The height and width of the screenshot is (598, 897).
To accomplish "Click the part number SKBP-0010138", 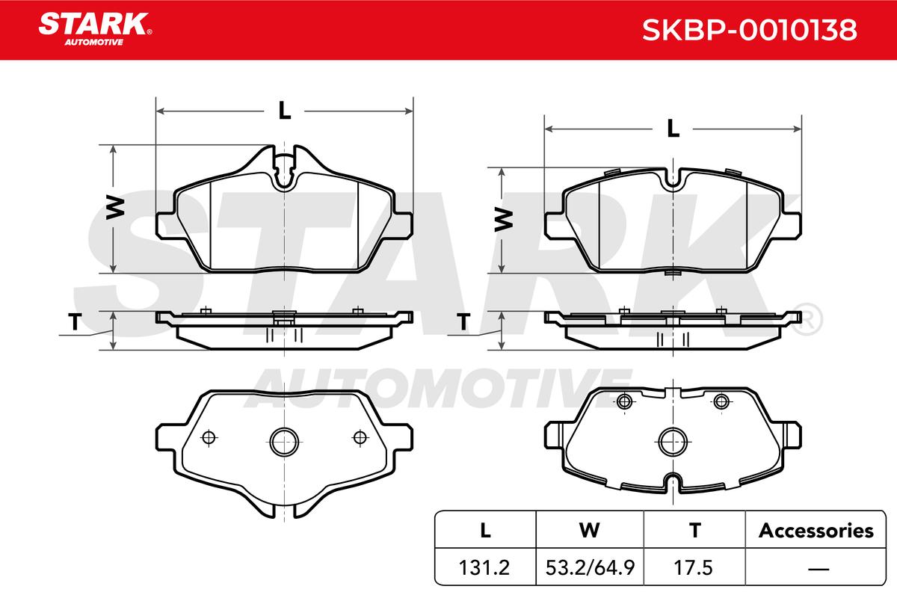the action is pyautogui.click(x=749, y=30).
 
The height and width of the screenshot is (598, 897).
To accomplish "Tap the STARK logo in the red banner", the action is pyautogui.click(x=95, y=29).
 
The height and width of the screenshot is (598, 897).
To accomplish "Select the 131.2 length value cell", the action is pyautogui.click(x=484, y=567).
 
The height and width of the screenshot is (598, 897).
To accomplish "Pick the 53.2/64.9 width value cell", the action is pyautogui.click(x=590, y=567).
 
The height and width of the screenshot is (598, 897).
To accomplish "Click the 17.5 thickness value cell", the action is pyautogui.click(x=693, y=567).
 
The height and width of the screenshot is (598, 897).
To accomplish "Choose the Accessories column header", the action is pyautogui.click(x=816, y=530).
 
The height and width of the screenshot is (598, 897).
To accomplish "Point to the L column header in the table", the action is pyautogui.click(x=485, y=531).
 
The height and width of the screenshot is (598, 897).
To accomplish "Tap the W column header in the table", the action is pyautogui.click(x=590, y=531).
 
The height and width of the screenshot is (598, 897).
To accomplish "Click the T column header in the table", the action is pyautogui.click(x=694, y=531).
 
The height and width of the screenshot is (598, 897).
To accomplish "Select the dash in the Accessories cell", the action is pyautogui.click(x=819, y=569).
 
